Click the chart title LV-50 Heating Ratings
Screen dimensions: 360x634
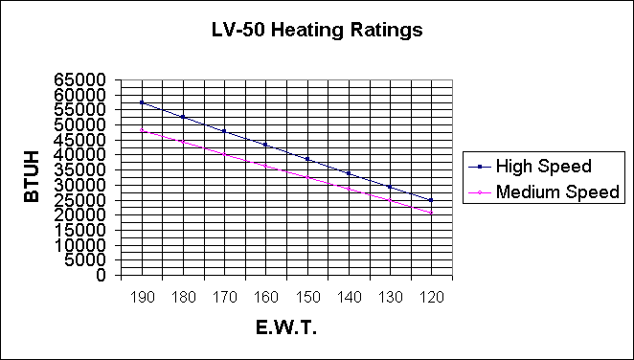click(316, 30)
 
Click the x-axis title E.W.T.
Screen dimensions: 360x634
click(285, 327)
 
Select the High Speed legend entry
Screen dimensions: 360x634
click(543, 166)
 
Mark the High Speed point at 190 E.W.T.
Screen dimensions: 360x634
click(141, 102)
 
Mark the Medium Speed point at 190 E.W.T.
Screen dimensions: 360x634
click(141, 130)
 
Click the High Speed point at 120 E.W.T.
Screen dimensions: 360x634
click(431, 200)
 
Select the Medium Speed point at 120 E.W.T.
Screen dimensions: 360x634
click(431, 213)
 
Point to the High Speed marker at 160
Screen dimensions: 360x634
click(265, 145)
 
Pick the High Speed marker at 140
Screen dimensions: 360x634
click(348, 173)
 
